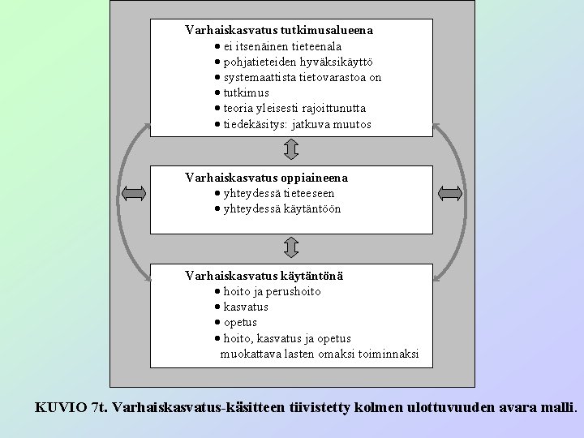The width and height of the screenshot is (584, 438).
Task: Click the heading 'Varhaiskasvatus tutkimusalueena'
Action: click(x=279, y=30)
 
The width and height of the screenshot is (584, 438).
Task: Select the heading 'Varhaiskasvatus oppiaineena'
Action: click(x=266, y=177)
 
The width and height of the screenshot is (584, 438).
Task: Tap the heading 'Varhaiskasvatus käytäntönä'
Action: click(x=264, y=276)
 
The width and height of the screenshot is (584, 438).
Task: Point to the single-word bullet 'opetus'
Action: click(x=240, y=323)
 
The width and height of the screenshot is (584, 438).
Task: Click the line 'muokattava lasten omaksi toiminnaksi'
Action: click(x=320, y=354)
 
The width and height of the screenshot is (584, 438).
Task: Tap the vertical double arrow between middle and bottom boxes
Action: click(x=292, y=247)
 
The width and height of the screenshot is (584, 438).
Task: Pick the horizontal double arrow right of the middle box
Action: click(x=449, y=192)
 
